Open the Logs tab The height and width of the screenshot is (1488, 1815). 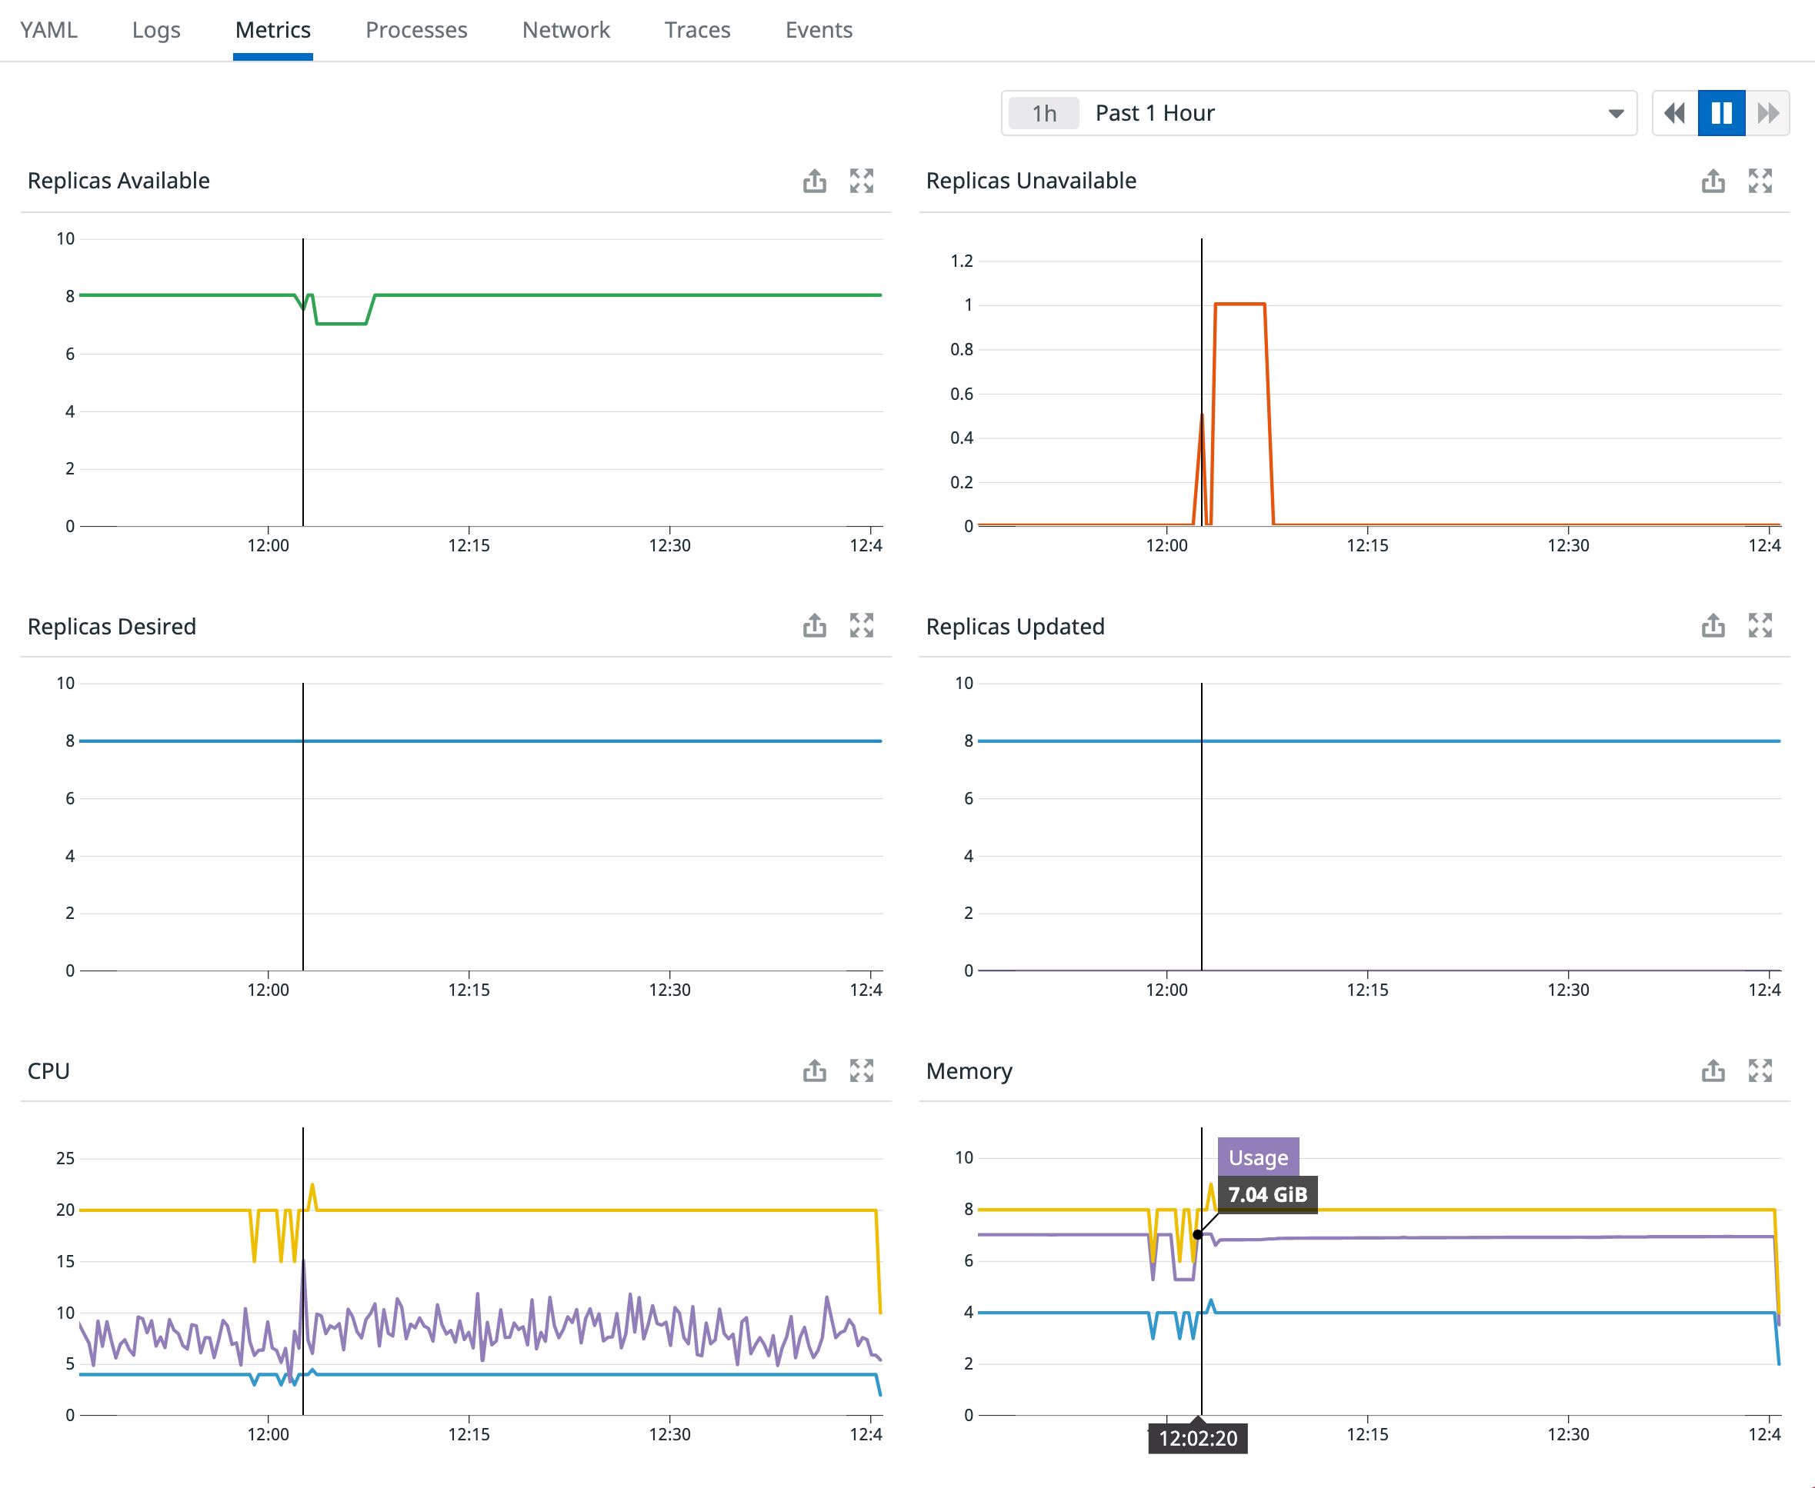click(156, 30)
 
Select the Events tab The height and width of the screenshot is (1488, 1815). click(818, 30)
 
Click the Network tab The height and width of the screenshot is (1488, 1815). click(566, 30)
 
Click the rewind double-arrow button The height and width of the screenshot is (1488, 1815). click(1673, 113)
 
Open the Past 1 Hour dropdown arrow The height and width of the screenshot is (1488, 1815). click(1615, 113)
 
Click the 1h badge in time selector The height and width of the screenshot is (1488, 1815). click(1043, 113)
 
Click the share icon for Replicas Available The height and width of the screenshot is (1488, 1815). click(815, 181)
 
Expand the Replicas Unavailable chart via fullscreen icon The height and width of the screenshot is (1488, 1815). click(1760, 181)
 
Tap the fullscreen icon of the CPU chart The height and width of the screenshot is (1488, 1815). click(861, 1070)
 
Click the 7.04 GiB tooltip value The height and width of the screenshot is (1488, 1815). click(1266, 1194)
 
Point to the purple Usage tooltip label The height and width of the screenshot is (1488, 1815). click(1258, 1157)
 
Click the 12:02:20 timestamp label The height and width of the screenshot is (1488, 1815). click(1198, 1438)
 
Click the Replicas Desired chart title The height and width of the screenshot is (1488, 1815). click(112, 627)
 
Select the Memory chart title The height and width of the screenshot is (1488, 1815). click(969, 1071)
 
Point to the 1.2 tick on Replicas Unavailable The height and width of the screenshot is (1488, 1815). click(961, 261)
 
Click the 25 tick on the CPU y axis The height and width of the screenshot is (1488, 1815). click(65, 1158)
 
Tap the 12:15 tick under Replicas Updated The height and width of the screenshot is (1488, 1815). click(1366, 990)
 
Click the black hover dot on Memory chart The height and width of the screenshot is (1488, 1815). click(1198, 1234)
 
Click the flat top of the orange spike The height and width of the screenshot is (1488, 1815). click(1239, 304)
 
